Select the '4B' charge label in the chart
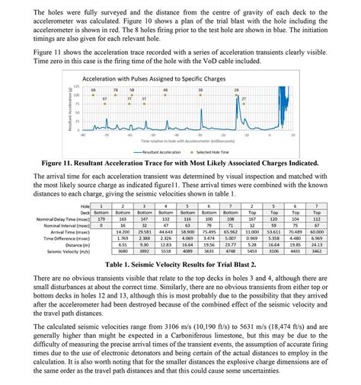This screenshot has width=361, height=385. coord(165,90)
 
